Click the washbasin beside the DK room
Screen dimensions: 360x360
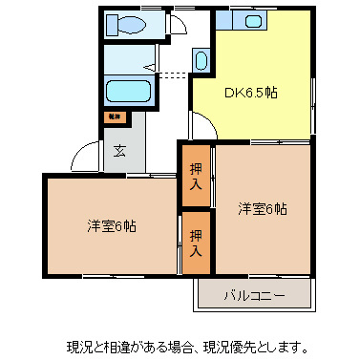click(199, 61)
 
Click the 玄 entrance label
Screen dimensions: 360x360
click(119, 150)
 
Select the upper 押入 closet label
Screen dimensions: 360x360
click(196, 172)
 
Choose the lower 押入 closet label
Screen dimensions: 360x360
click(196, 243)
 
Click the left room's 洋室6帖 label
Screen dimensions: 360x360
click(112, 226)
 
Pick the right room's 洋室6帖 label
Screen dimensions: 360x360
click(262, 208)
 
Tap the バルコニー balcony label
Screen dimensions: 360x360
click(254, 295)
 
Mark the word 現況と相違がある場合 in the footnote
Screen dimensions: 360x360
click(124, 346)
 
